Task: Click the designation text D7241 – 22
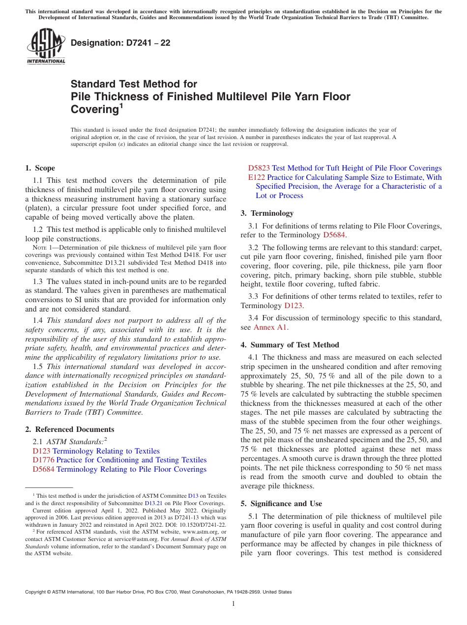pos(120,43)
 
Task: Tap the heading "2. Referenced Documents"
pos(69,429)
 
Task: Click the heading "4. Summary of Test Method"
pos(290,344)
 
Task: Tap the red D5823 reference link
pos(259,168)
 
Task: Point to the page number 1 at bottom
pos(233,603)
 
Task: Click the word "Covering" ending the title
pos(94,109)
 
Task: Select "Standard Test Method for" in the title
pos(134,84)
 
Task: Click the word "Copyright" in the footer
pos(37,592)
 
